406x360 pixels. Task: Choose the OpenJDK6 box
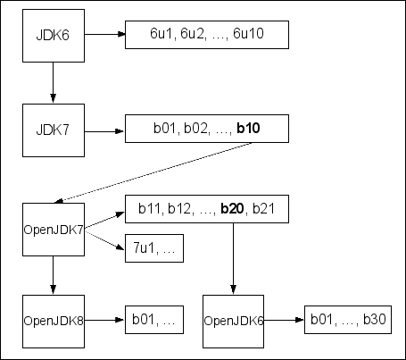[233, 319]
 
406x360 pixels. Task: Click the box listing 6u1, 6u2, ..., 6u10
[206, 35]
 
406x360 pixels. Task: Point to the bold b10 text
[248, 131]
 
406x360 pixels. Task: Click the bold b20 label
[233, 209]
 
